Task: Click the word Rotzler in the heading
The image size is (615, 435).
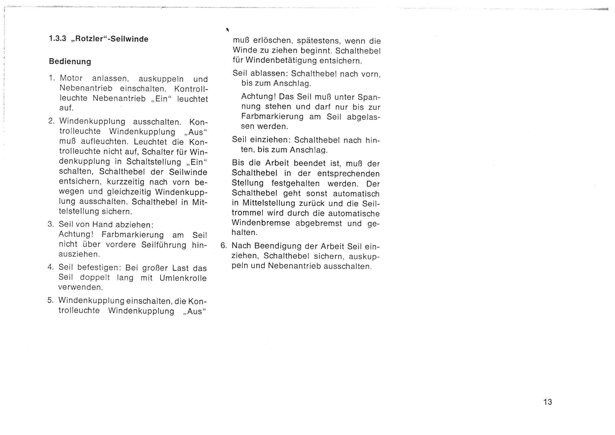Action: tap(90, 39)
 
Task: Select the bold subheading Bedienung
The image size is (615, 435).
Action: tap(70, 62)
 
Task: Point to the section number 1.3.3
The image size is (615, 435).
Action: tap(57, 39)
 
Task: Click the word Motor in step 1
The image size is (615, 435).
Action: tap(71, 78)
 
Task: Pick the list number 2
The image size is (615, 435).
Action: tap(52, 121)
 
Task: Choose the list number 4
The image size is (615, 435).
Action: tap(51, 267)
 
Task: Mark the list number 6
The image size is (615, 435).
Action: tap(224, 246)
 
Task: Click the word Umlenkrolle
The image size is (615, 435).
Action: tap(183, 278)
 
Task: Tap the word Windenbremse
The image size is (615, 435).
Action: tap(261, 223)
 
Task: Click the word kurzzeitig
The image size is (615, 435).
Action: tap(125, 182)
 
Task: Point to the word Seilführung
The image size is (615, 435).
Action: tap(164, 245)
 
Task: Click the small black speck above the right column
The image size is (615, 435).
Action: tap(228, 30)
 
